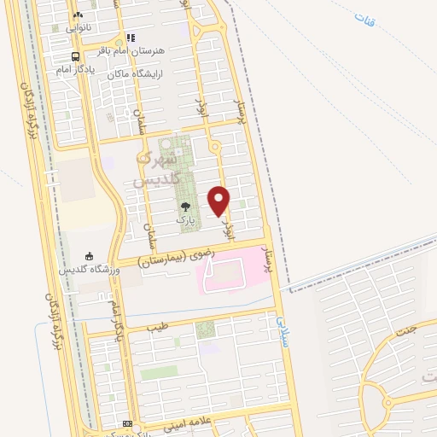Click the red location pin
(x=219, y=201)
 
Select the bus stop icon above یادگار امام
(x=76, y=56)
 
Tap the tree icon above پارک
(x=185, y=206)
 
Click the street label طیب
(x=157, y=326)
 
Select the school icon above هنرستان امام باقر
(x=130, y=38)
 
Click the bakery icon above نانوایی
(x=78, y=15)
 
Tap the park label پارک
(x=185, y=219)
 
